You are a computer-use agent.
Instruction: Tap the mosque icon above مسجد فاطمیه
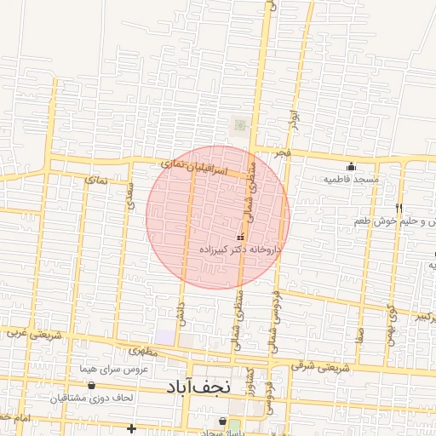[350, 166]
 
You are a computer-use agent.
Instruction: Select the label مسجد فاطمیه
[350, 180]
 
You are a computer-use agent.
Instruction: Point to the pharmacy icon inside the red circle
[239, 236]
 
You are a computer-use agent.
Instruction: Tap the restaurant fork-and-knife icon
[399, 208]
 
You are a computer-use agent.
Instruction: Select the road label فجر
[282, 152]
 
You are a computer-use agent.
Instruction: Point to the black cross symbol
[130, 427]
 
